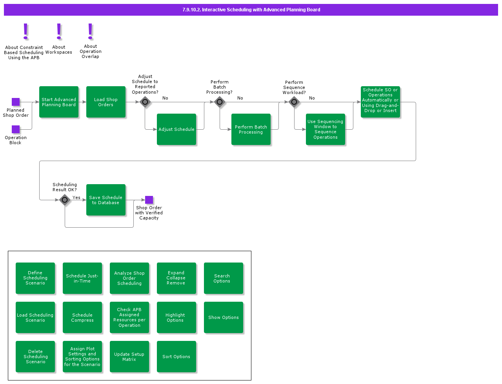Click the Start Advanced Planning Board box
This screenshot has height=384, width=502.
coord(59,102)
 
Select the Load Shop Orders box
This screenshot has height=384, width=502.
coord(106,102)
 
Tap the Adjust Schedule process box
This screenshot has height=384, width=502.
coord(176,129)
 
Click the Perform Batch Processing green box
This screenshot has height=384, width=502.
coord(251,129)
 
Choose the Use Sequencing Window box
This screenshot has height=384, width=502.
coord(326,129)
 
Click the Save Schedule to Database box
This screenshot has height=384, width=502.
coord(106,200)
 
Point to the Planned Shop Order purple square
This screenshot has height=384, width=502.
coord(16,102)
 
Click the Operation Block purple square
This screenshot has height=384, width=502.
coord(16,129)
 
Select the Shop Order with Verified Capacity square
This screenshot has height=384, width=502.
coord(149,200)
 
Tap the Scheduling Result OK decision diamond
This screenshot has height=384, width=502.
coord(65,200)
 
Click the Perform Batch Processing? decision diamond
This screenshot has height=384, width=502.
coord(220,102)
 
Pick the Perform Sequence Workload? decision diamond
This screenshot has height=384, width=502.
coord(294,102)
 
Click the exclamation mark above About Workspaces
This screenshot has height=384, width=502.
coord(59,31)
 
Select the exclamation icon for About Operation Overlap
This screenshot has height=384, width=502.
coord(90,31)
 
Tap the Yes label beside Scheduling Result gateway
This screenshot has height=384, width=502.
coord(76,197)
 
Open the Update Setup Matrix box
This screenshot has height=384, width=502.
coord(129,357)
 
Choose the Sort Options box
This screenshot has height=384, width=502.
coord(176,357)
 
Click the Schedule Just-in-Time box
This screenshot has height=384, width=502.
coord(82,278)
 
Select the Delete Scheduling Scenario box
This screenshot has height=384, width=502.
coord(35,357)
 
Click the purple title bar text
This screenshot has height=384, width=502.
coord(251,10)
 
